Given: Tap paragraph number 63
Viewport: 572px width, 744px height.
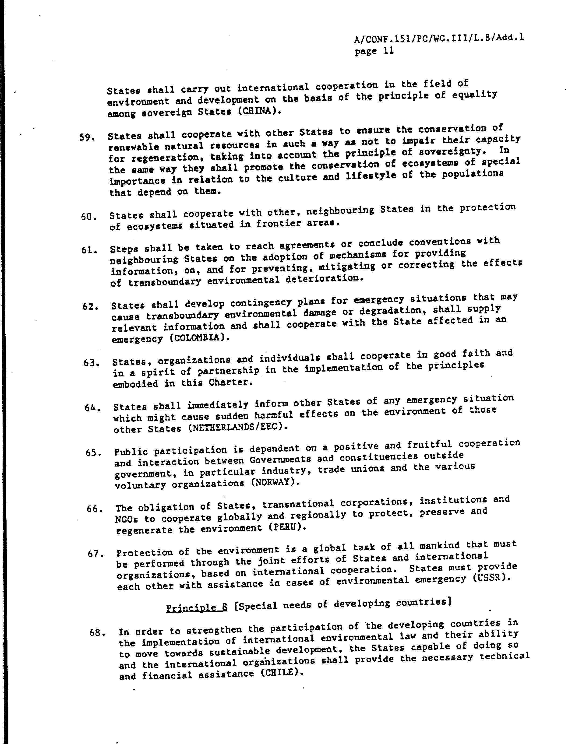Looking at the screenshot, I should tap(91, 362).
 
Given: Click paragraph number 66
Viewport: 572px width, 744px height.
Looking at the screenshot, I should tap(95, 509).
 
